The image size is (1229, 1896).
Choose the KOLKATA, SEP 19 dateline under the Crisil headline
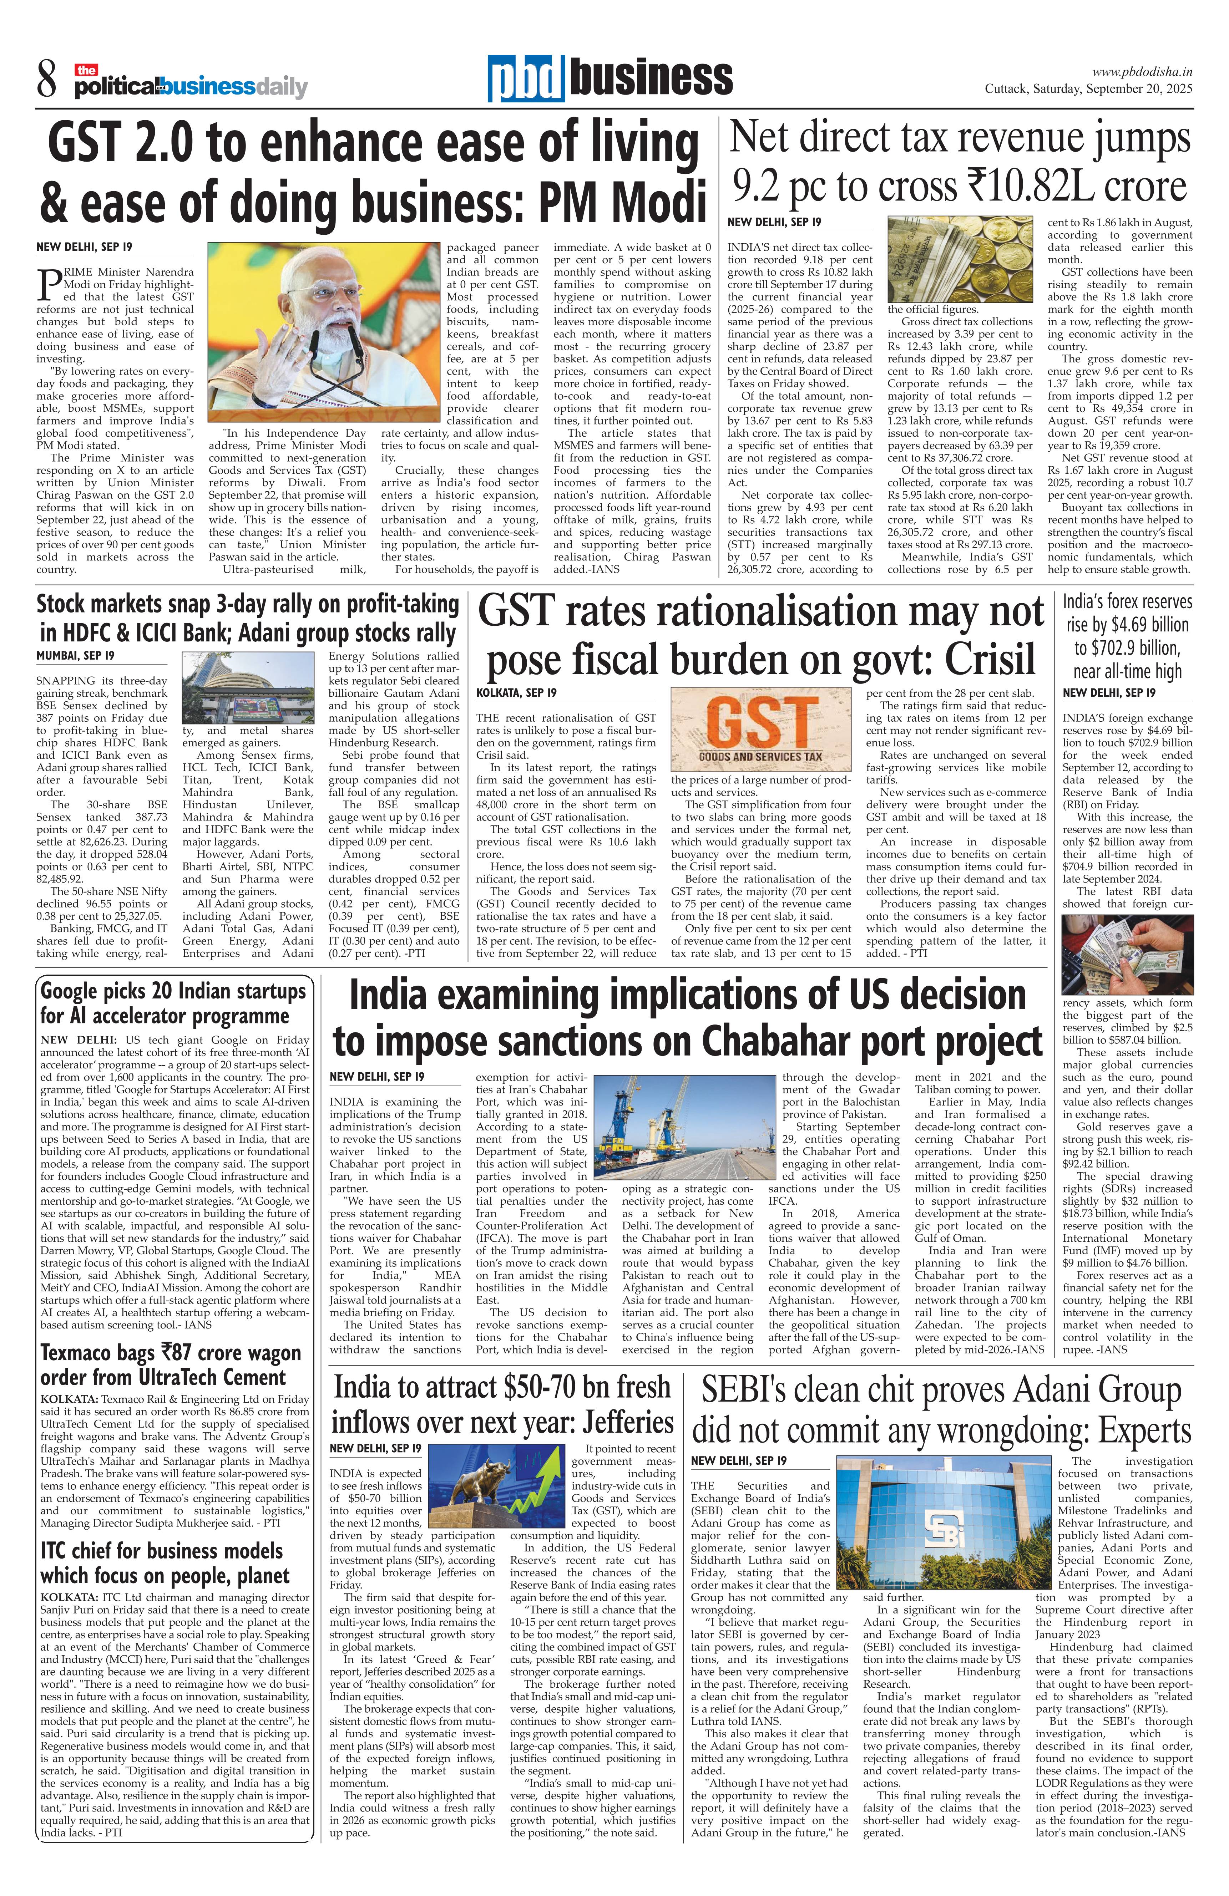tap(516, 693)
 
